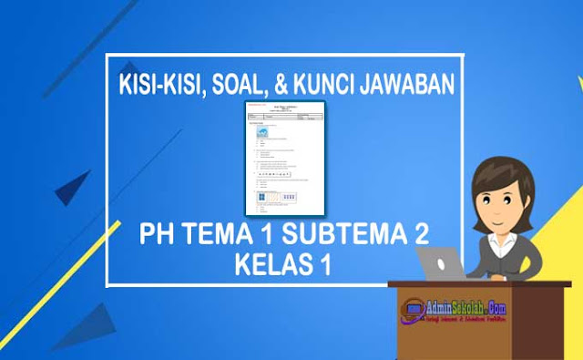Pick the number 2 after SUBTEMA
(x=421, y=237)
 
